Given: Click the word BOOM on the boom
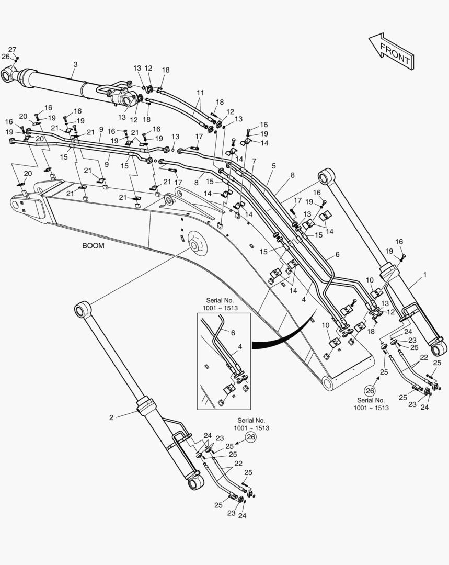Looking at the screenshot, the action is coord(93,246).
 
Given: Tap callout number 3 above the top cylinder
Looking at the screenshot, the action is coord(75,64).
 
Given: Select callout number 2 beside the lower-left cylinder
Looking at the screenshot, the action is coord(111,417).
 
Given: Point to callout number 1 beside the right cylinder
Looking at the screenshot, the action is coord(425,275).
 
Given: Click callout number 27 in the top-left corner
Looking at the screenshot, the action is coord(12,50).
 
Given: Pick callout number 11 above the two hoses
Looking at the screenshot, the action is coord(200,93).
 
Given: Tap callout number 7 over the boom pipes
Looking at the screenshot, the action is coord(254,161).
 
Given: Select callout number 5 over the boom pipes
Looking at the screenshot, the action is coord(274,166).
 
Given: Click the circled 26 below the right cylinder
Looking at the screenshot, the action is coord(370,391).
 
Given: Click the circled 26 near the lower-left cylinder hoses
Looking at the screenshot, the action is coord(250,437).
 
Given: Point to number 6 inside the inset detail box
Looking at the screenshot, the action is coord(233,333).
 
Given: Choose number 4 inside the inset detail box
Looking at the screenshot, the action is coord(240,347).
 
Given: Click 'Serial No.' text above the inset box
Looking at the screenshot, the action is coord(220,300).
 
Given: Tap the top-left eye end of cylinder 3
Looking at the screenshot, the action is coord(9,75).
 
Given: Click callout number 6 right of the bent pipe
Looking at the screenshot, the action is coord(337,255).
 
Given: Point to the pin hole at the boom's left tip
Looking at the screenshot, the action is coord(16,205).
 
